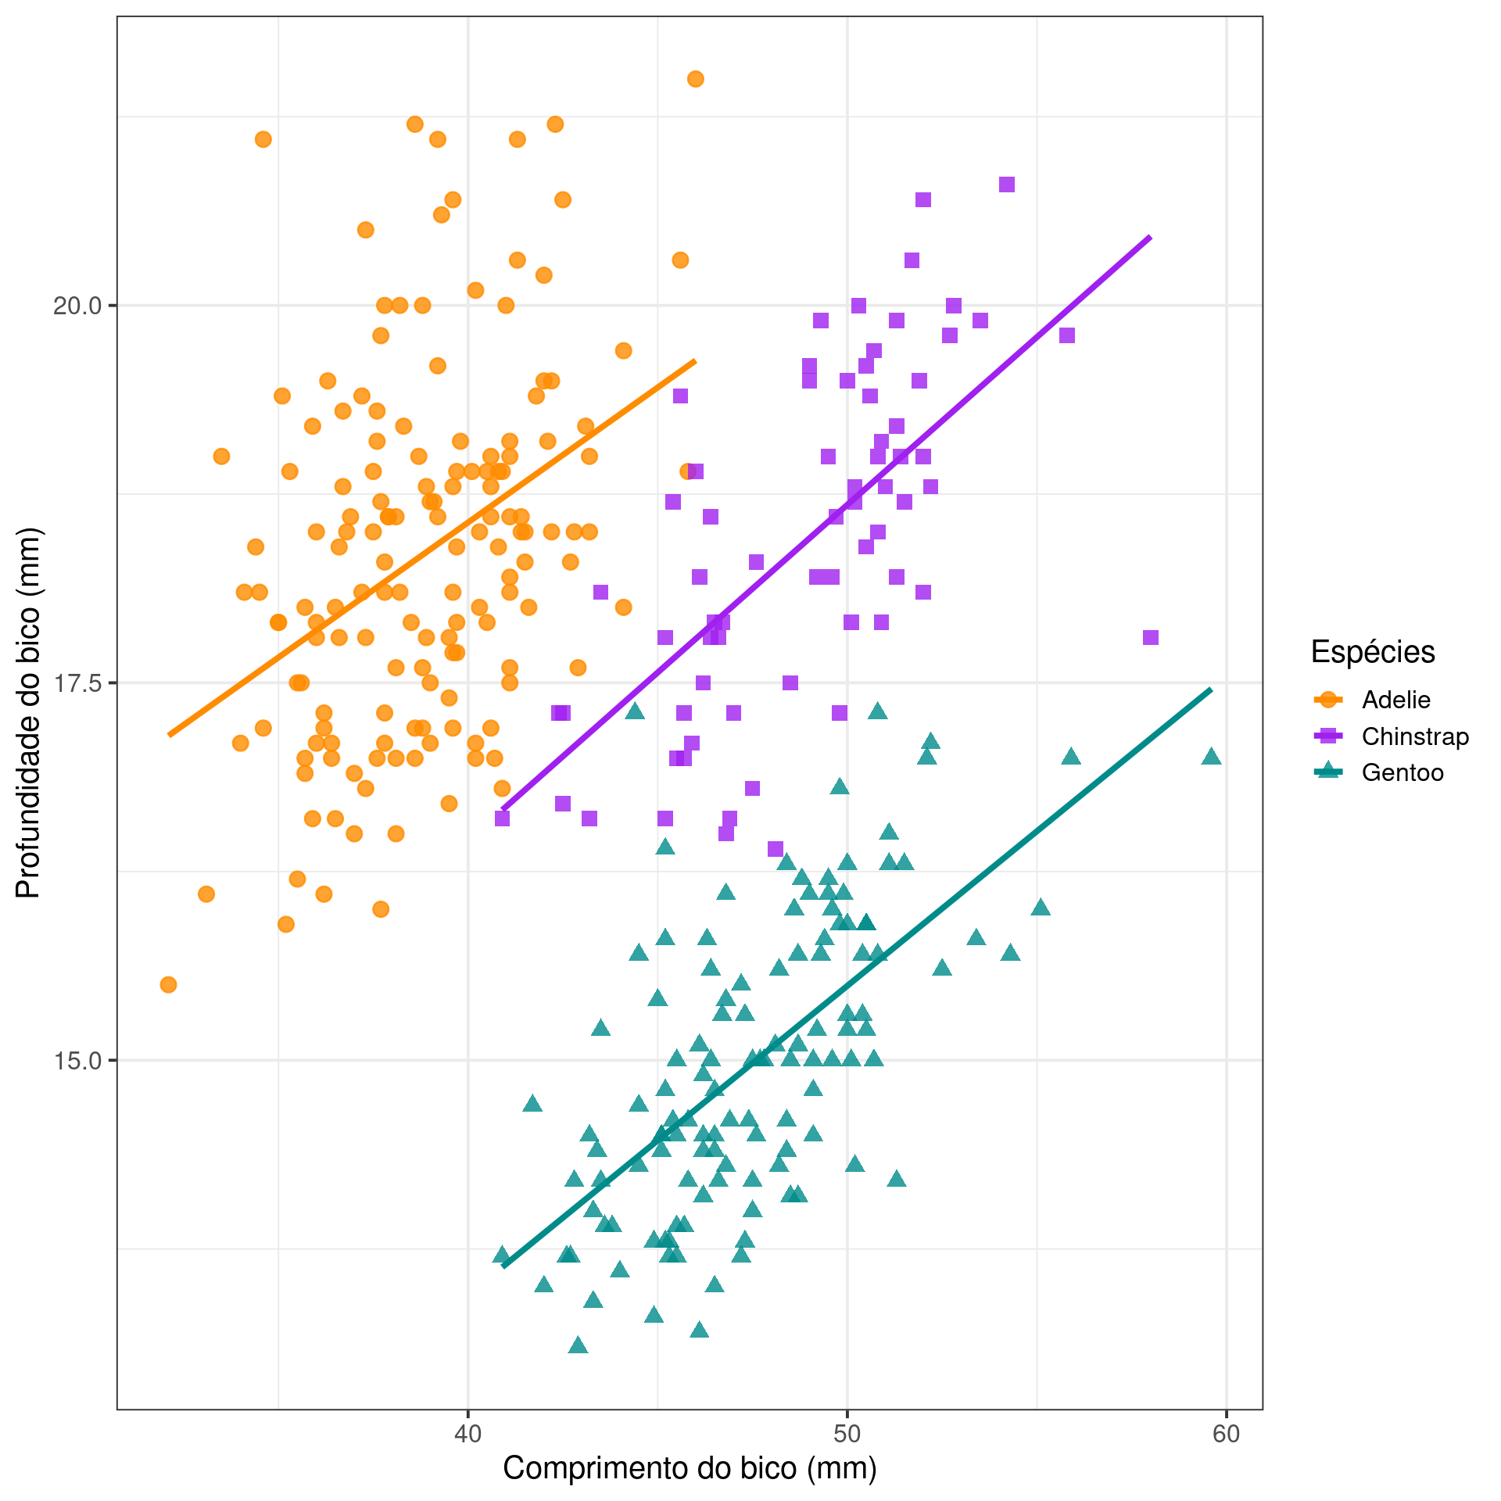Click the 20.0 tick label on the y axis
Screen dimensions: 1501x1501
pos(77,306)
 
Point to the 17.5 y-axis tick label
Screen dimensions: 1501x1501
pos(77,683)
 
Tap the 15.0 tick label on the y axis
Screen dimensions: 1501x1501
pos(77,1061)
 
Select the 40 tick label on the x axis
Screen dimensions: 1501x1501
pos(467,1433)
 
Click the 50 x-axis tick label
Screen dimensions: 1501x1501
pos(847,1433)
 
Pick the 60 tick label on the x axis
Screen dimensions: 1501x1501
pos(1226,1433)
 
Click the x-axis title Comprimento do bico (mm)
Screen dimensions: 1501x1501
pos(690,1468)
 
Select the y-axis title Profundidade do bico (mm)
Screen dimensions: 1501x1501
pos(28,712)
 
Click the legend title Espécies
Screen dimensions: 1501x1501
pos(1373,651)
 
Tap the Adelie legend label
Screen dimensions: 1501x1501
pos(1395,700)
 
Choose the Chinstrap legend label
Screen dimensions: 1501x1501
pos(1415,736)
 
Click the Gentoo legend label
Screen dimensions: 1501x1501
pos(1402,773)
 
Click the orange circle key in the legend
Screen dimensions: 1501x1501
pos(1328,700)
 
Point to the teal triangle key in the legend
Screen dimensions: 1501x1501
pos(1328,772)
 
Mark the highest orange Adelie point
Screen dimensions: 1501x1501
pos(695,79)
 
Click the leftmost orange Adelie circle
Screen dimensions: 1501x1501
pos(168,984)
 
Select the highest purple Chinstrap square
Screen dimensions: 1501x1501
pos(1007,184)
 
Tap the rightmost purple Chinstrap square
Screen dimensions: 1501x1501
pos(1150,638)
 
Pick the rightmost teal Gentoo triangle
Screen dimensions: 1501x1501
pos(1211,756)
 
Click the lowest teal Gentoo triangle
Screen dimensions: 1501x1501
pos(578,1345)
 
